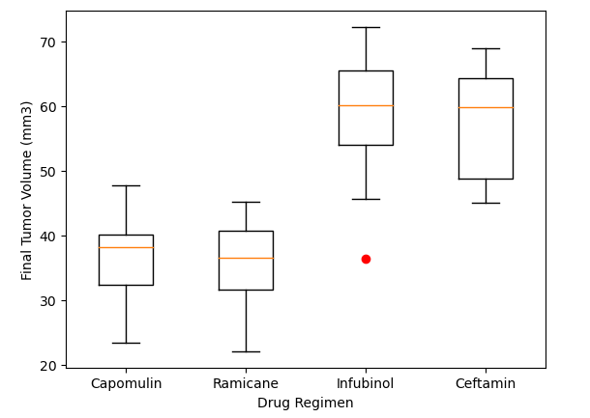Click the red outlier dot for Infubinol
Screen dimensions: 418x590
[x=366, y=259]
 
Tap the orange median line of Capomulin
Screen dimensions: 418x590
[x=126, y=247]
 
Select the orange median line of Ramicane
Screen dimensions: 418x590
[x=246, y=258]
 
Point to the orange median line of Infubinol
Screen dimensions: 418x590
[x=366, y=105]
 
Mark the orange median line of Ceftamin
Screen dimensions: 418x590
[x=486, y=107]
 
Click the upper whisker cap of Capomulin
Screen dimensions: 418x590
[x=126, y=185]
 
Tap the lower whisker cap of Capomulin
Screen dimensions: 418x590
[x=126, y=343]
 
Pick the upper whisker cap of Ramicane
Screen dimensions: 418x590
[x=246, y=202]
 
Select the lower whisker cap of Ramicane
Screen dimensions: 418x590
[x=246, y=351]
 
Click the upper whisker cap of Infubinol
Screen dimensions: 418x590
[x=366, y=27]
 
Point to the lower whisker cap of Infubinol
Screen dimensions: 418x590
[x=366, y=199]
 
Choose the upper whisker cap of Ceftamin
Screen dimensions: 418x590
[x=486, y=48]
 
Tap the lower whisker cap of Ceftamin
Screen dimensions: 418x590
[x=486, y=203]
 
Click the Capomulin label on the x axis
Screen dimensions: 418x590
[x=126, y=383]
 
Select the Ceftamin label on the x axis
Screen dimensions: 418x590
[x=486, y=383]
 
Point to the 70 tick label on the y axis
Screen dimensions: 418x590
[x=47, y=42]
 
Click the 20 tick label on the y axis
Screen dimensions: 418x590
[x=47, y=366]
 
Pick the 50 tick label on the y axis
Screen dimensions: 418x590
[x=47, y=172]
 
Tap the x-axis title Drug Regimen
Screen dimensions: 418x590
[x=305, y=403]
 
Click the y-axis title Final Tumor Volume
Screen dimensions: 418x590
[x=27, y=190]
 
